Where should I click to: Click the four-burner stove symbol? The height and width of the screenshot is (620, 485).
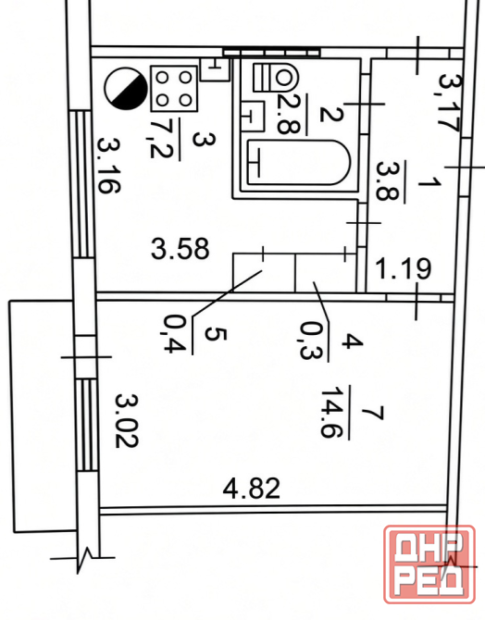click(174, 89)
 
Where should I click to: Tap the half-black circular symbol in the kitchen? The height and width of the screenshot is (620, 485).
click(125, 88)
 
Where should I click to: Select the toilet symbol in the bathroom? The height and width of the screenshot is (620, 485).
click(276, 77)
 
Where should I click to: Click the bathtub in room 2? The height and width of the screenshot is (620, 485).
click(299, 162)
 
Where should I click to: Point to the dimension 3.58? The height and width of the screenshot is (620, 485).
click(180, 249)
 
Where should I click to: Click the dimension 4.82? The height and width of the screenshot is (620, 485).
click(252, 489)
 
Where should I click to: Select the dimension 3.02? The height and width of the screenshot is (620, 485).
click(127, 420)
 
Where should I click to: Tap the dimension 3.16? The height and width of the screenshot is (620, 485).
click(108, 166)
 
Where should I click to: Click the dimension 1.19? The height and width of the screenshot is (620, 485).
click(403, 268)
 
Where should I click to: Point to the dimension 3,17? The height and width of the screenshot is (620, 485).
click(450, 102)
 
